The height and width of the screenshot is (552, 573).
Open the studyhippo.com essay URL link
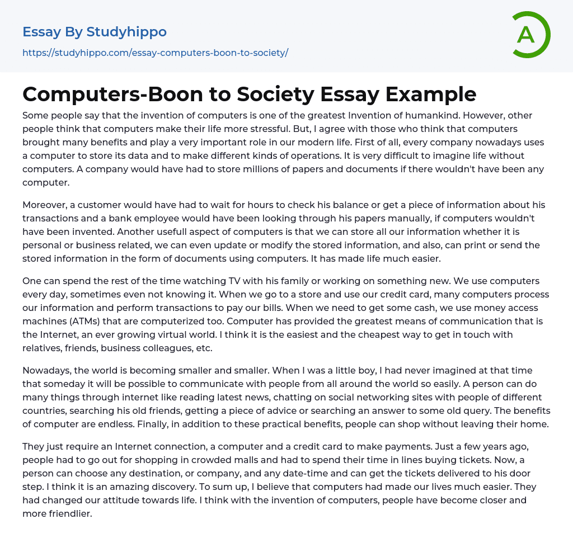coord(155,53)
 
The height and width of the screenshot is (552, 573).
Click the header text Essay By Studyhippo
coord(95,32)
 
